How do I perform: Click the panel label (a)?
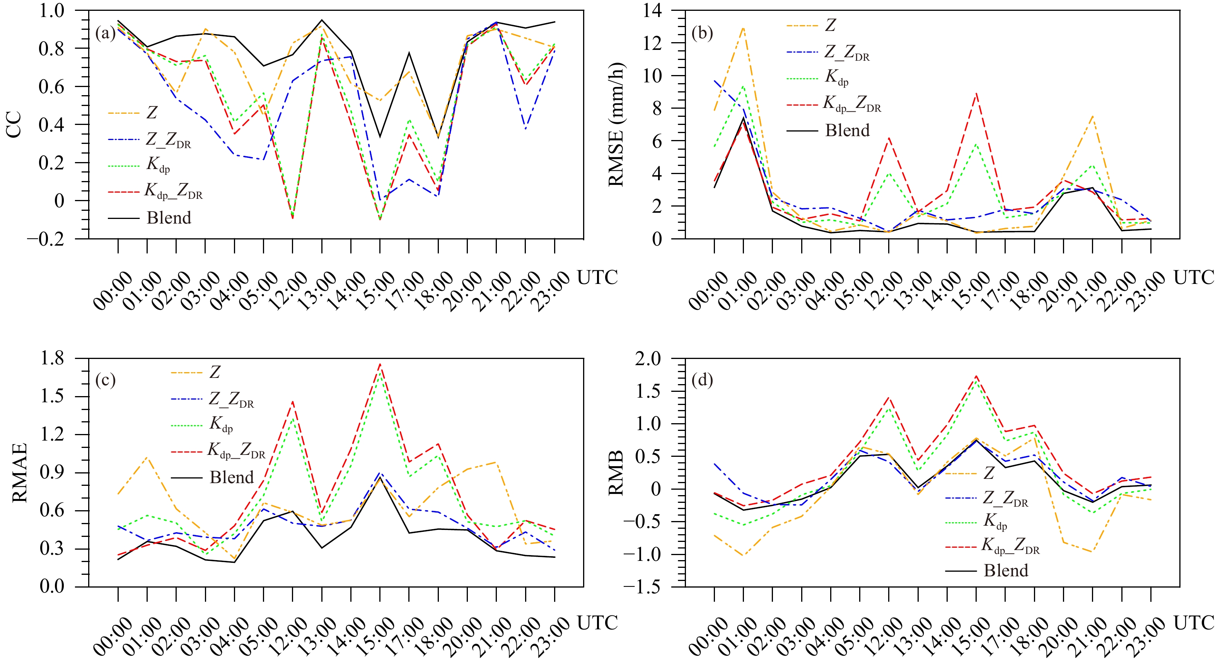pos(105,34)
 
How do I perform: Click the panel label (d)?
pos(702,380)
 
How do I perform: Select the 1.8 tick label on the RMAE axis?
pos(52,359)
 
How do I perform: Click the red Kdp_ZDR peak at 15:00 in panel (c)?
pos(380,364)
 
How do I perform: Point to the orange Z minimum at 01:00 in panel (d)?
pos(743,555)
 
